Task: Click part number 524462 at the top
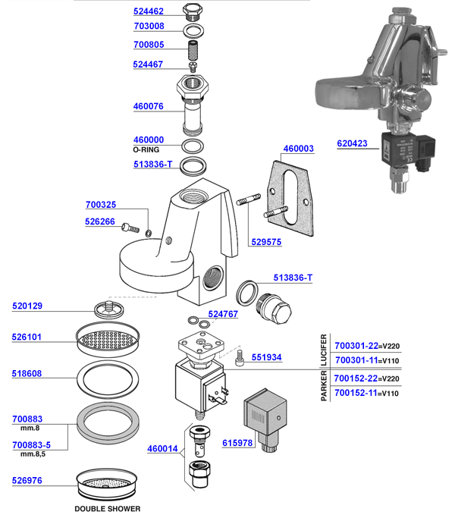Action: point(149,12)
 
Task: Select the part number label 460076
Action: point(149,106)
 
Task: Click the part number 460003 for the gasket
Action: point(298,149)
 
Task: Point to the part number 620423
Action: point(353,142)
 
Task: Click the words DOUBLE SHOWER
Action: point(107,509)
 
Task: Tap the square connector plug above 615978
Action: point(262,418)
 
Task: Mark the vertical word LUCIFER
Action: point(324,351)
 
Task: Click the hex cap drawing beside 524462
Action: point(193,11)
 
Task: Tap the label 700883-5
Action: point(31,444)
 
